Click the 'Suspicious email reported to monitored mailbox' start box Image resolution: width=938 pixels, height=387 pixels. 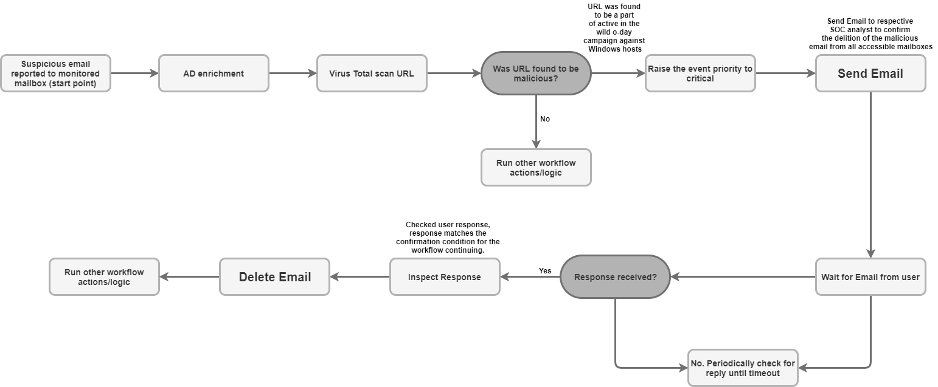point(55,74)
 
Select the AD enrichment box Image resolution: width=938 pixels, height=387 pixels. point(214,74)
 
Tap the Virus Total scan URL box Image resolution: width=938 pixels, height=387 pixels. point(372,74)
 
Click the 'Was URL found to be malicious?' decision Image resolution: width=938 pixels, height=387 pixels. point(536,74)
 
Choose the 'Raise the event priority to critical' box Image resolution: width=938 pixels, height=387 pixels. point(700,74)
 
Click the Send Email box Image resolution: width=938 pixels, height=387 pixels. point(870,74)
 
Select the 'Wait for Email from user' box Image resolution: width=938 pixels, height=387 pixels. point(870,277)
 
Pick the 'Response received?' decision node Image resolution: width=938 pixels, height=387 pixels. point(615,277)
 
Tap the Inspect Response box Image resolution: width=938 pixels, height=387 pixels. point(445,277)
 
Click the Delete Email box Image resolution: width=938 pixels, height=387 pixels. point(274,277)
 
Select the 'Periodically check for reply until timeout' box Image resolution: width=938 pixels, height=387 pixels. point(743,368)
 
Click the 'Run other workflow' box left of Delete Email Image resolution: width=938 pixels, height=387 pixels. point(104,277)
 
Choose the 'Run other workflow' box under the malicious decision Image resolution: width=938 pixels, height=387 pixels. point(536,168)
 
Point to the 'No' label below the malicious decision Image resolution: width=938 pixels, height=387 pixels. point(545,119)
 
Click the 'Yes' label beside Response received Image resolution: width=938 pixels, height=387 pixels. point(545,270)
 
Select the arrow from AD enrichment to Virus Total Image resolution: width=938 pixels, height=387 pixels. point(293,74)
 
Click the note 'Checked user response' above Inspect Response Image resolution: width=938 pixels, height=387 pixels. point(448,238)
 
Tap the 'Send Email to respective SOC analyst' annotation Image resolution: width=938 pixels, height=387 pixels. point(870,34)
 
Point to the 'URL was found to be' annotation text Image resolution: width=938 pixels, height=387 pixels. point(614,28)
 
